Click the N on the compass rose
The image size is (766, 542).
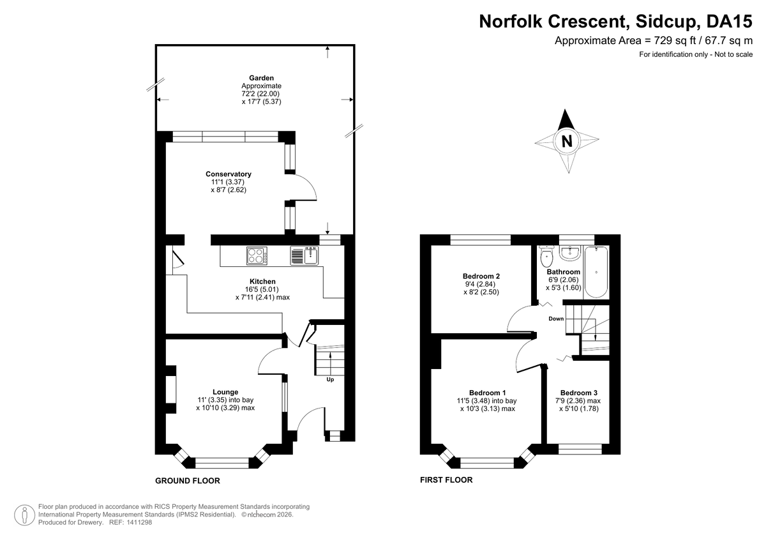pos(566,141)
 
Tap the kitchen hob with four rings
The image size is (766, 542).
pos(257,255)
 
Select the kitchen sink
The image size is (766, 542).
pos(304,255)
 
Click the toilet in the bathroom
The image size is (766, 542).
pos(546,257)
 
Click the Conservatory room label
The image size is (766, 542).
pos(228,174)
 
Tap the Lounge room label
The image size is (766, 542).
pos(225,392)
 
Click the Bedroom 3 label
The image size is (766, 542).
pos(579,393)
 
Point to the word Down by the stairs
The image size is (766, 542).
pos(555,319)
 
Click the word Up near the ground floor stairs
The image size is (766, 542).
pos(330,380)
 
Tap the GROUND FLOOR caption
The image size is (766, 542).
pos(188,481)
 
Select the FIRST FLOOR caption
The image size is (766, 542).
pos(446,480)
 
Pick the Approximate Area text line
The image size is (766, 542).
pos(654,41)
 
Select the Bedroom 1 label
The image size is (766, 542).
pos(487,393)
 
